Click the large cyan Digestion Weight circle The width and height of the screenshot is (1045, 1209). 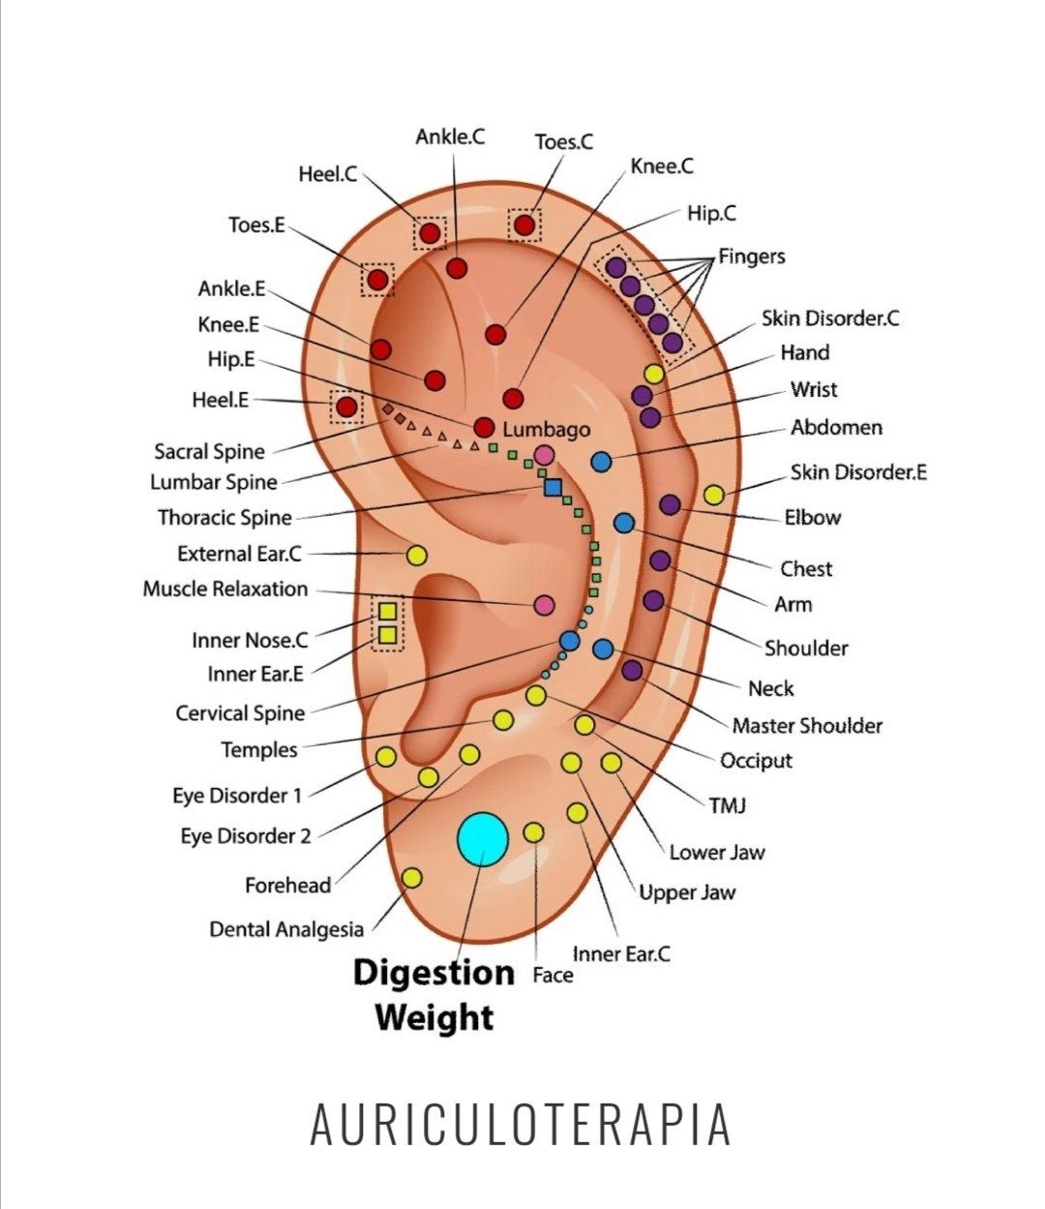coord(482,839)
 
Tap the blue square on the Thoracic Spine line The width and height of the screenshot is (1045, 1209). coord(553,487)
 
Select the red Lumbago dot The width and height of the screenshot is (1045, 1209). coord(484,427)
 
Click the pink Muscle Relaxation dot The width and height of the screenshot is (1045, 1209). coord(544,605)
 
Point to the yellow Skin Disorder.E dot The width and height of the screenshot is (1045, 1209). coord(713,495)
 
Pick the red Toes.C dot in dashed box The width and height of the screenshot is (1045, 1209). coord(524,226)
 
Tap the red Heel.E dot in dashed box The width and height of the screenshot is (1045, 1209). coord(345,407)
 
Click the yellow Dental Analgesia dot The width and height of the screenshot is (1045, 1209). coord(411,878)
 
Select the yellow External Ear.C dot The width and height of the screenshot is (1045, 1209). coord(417,556)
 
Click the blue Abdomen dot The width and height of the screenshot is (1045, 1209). coord(601,462)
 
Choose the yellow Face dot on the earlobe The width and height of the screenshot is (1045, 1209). coord(533,831)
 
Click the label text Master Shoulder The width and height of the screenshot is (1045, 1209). coord(807,725)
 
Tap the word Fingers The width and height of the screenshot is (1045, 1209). coord(752,257)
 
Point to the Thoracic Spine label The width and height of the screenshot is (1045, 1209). coord(224,518)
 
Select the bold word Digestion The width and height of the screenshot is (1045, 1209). coord(433,972)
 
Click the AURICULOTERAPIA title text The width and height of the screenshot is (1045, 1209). coord(521,1124)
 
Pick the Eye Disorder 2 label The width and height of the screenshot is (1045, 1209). coord(246,835)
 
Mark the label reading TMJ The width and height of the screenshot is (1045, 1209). coord(728,804)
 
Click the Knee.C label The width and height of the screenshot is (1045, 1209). coord(662,166)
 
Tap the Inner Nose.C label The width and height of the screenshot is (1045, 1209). coord(250,640)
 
